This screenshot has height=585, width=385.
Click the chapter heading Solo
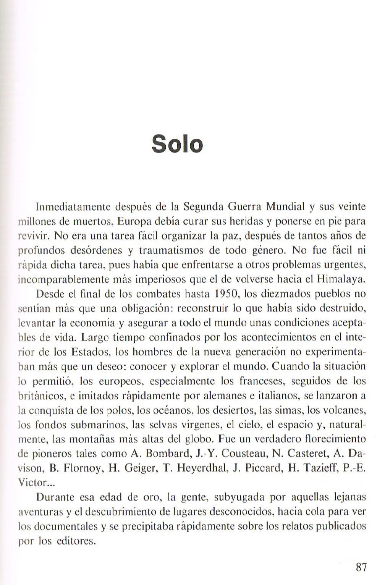177,144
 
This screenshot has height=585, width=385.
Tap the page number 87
361,567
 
